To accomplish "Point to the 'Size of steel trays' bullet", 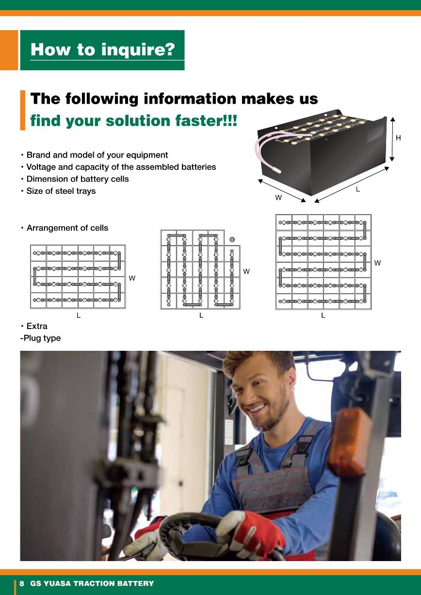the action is point(61,191).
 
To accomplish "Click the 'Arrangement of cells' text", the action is point(67,228).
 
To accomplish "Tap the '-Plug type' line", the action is point(40,338).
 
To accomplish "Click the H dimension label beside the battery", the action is point(398,138).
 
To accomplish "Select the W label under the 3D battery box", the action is point(278,198).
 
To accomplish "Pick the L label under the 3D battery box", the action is point(358,189).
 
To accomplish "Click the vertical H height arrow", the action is point(392,139).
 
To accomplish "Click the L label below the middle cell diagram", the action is point(201,315).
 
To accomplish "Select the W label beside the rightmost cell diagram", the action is point(377,263).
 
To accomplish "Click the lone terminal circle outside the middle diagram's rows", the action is point(232,239).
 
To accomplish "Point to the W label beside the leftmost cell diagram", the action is point(132,278).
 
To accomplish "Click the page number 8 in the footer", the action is point(22,583).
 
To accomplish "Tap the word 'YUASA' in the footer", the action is point(57,583).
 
